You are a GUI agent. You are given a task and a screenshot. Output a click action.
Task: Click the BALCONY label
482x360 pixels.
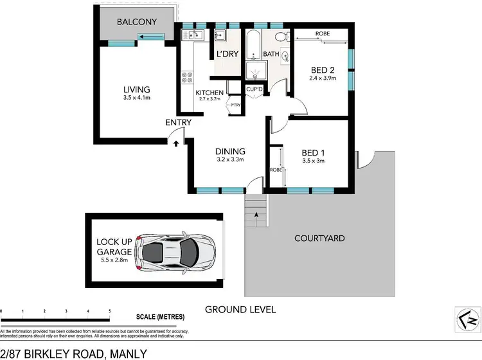136,22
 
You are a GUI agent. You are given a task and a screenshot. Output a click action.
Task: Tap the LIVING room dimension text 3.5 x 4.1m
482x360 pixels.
137,98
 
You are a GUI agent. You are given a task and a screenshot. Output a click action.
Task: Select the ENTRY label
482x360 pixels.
177,122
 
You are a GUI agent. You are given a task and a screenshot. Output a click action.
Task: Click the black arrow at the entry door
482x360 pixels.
175,143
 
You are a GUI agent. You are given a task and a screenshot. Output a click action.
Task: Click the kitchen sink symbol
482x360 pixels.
195,35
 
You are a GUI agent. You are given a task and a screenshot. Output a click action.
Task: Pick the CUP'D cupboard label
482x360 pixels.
253,89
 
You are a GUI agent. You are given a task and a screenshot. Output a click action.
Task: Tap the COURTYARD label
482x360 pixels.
319,239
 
